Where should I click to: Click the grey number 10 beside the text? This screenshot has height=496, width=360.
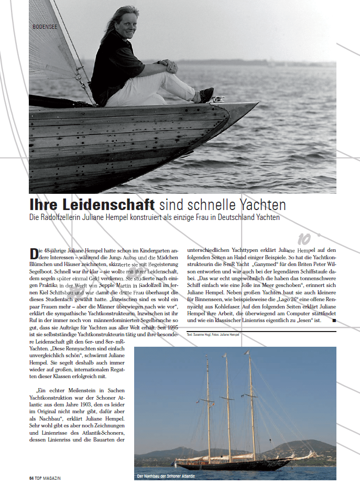pyautogui.click(x=304, y=239)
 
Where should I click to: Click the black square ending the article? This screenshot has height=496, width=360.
pyautogui.click(x=334, y=319)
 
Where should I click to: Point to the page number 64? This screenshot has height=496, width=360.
pyautogui.click(x=31, y=478)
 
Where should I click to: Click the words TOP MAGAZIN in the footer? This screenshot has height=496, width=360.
pyautogui.click(x=49, y=478)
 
